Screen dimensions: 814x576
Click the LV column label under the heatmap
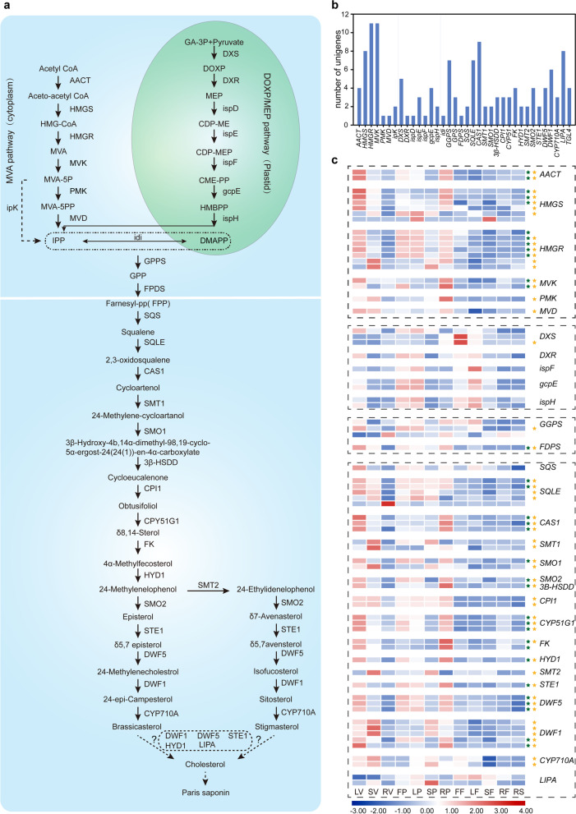358,790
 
